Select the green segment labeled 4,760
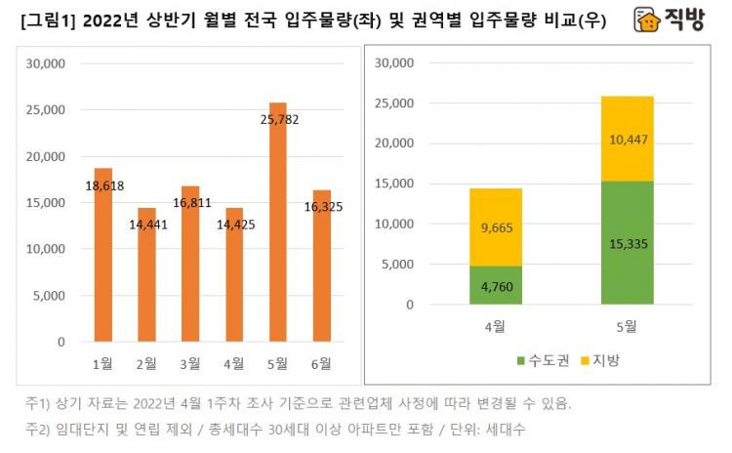[x=495, y=285]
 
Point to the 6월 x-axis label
[x=321, y=364]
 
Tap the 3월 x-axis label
[x=190, y=364]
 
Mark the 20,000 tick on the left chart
[x=45, y=156]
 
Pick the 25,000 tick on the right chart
[x=394, y=103]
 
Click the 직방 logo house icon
[x=646, y=21]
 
